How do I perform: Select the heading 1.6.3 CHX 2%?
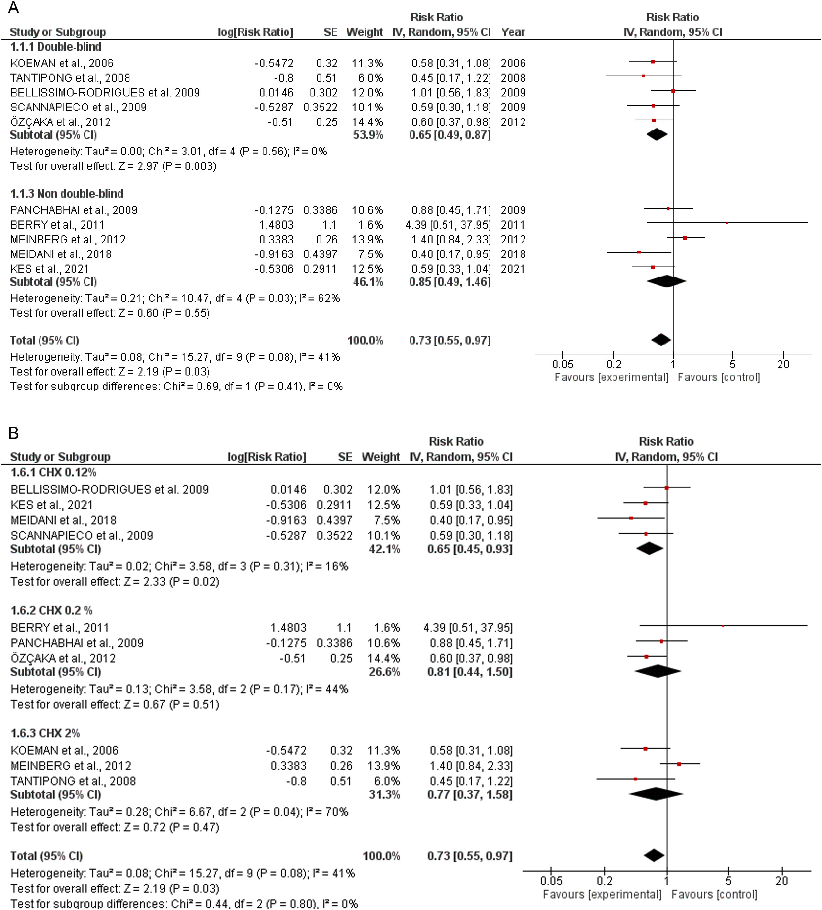tap(45, 733)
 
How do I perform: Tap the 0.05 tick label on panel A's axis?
tap(562, 364)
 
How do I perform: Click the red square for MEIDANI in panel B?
tap(631, 518)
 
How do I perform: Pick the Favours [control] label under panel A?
tap(719, 377)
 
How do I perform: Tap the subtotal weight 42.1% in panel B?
tap(384, 549)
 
